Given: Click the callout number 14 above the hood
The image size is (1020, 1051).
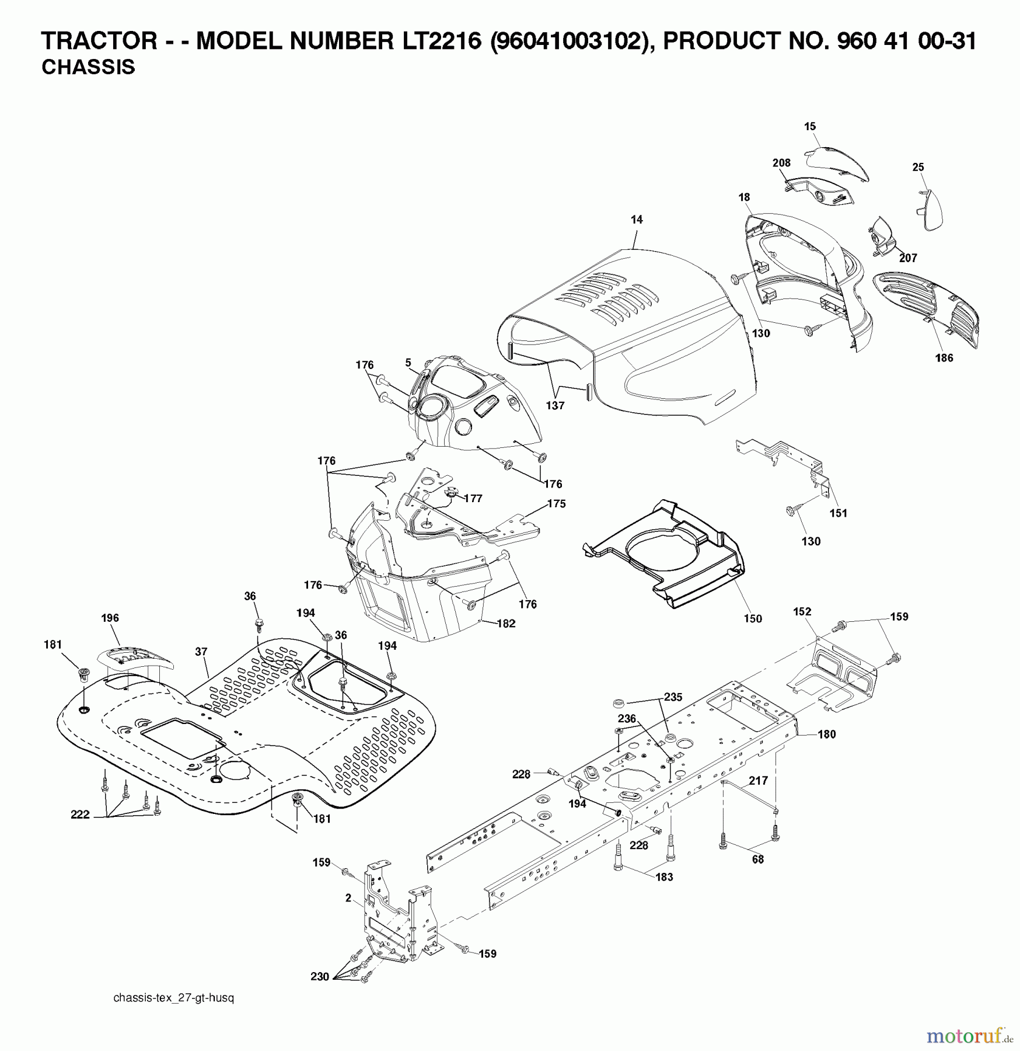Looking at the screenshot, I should click(637, 220).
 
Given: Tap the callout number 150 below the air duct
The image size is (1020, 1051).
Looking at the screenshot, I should click(752, 618).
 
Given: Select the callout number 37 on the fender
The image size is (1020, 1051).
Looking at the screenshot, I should click(201, 651).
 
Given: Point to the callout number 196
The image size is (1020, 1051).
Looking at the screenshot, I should click(110, 618).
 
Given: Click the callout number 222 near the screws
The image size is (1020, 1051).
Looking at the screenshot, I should click(80, 815).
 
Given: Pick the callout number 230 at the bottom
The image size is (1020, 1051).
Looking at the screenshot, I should click(319, 976).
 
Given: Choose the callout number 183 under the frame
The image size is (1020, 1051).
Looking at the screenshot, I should click(664, 877).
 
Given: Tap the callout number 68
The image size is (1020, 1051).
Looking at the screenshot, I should click(757, 859).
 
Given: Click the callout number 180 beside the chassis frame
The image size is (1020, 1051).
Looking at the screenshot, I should click(826, 735).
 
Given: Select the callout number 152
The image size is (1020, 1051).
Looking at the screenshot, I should click(802, 611).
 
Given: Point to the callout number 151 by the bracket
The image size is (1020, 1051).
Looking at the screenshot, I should click(838, 513).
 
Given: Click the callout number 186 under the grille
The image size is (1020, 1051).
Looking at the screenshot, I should click(944, 358).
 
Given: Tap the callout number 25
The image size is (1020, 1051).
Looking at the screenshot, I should click(918, 167).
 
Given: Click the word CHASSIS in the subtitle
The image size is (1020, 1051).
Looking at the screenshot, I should click(88, 67).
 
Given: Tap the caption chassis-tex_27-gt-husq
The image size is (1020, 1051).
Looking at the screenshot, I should click(173, 998).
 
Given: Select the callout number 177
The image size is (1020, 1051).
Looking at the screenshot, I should click(473, 498).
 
